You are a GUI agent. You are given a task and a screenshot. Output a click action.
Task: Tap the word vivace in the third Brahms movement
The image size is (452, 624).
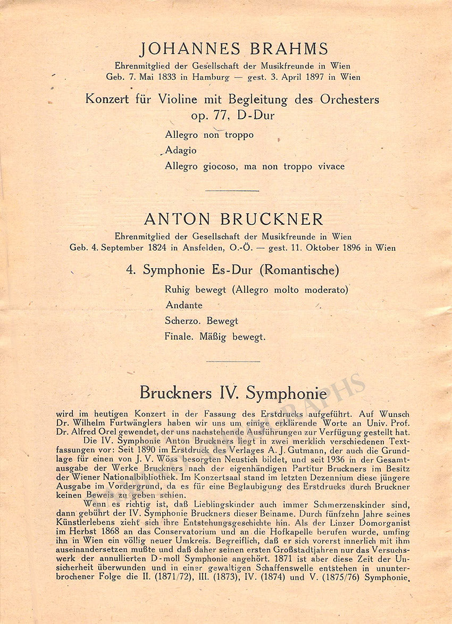point(330,166)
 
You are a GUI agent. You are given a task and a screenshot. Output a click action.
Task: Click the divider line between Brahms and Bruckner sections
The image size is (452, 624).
point(232,190)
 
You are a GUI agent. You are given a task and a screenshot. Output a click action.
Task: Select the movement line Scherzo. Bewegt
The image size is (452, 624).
point(202,321)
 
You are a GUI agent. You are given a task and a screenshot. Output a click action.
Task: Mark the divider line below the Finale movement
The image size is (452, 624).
point(232,361)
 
